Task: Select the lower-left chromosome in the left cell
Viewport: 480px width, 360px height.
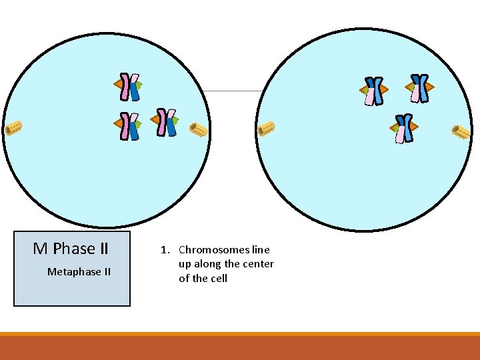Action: (129, 126)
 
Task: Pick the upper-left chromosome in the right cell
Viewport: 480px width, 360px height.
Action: (375, 91)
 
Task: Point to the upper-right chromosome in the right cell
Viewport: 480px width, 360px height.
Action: (419, 87)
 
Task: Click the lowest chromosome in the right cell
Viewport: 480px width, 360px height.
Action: (403, 128)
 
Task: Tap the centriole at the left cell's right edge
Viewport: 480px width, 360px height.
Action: (198, 129)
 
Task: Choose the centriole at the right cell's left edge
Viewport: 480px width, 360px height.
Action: (267, 128)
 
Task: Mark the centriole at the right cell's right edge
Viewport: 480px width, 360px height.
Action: (461, 132)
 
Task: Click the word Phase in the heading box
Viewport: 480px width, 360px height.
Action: (75, 249)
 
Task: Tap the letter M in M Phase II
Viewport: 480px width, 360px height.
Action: (40, 249)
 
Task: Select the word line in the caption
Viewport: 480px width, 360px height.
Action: (261, 250)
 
